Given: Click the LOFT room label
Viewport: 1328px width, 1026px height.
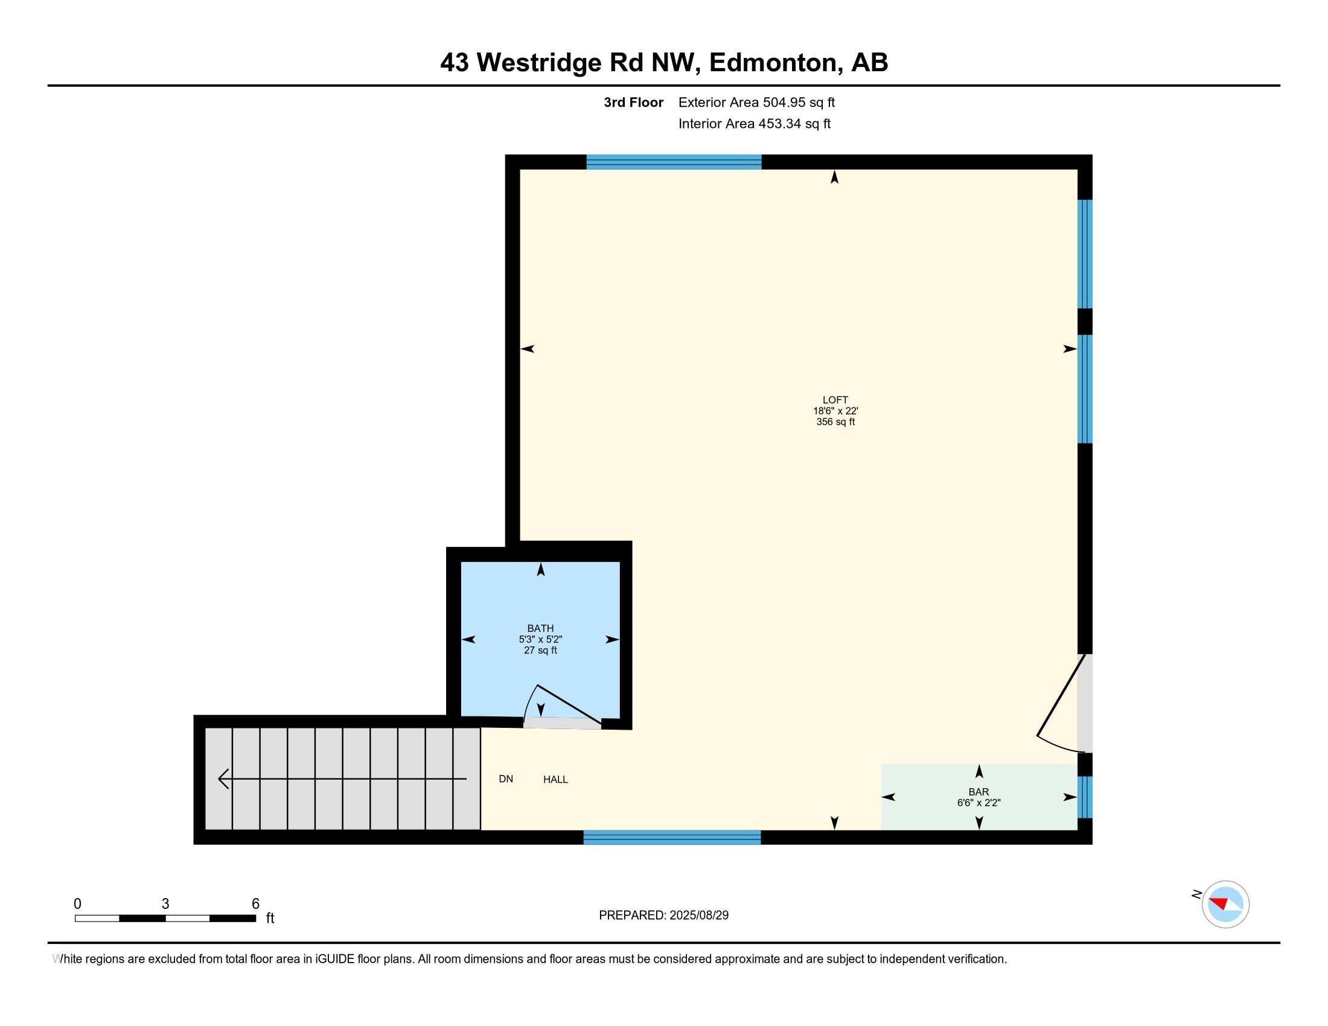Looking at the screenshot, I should pyautogui.click(x=835, y=400).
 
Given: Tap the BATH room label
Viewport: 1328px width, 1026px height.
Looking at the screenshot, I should pyautogui.click(x=540, y=628).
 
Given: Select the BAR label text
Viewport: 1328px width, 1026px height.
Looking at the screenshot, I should pyautogui.click(x=978, y=792).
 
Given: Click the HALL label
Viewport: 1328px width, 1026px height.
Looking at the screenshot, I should pyautogui.click(x=555, y=779).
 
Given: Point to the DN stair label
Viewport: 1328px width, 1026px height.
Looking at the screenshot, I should pyautogui.click(x=505, y=779).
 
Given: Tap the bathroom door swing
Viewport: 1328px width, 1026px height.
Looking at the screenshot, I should pyautogui.click(x=563, y=706).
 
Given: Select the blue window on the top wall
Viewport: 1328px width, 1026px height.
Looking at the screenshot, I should pyautogui.click(x=673, y=162).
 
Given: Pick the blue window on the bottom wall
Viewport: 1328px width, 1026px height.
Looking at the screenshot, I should pyautogui.click(x=672, y=838).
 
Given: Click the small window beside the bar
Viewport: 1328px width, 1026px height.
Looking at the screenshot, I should pyautogui.click(x=1085, y=797).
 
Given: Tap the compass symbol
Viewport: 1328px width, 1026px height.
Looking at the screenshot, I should pyautogui.click(x=1225, y=904).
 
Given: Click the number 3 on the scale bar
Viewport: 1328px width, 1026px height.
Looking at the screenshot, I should pyautogui.click(x=165, y=904).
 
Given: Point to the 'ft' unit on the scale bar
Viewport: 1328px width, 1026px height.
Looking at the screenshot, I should pyautogui.click(x=270, y=918).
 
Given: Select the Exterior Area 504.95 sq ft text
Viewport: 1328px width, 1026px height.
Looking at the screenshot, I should pyautogui.click(x=756, y=103).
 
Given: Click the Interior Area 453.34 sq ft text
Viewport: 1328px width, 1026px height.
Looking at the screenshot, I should pyautogui.click(x=754, y=124).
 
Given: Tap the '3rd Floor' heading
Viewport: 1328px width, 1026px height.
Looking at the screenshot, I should pyautogui.click(x=633, y=103).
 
